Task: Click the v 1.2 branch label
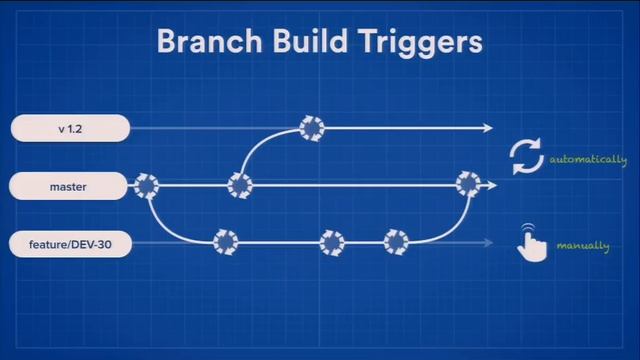point(71,128)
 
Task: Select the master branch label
point(71,186)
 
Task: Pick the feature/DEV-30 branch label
point(71,243)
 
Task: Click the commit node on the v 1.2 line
point(313,128)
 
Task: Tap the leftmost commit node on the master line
point(147,185)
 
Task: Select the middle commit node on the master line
point(240,185)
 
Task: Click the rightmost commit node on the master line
point(468,184)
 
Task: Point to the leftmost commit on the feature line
point(225,242)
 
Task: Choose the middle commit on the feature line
point(331,242)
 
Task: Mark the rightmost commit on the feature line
point(397,242)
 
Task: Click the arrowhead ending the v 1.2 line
point(488,128)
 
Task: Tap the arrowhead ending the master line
point(490,185)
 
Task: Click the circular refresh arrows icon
point(526,158)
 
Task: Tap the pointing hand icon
point(530,243)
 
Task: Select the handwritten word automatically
point(587,160)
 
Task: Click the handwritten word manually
point(582,246)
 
